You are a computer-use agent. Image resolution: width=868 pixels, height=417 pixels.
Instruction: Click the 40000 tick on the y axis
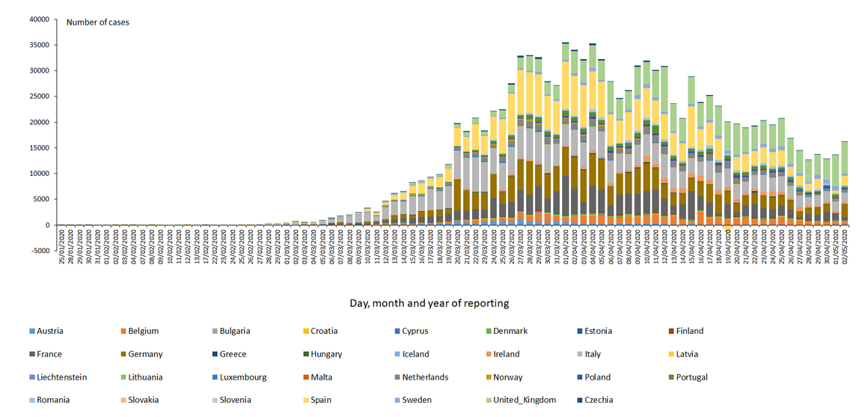(39, 19)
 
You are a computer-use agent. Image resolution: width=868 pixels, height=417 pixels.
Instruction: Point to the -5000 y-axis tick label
(39, 251)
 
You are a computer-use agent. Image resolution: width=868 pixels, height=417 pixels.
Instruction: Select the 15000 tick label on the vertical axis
(39, 148)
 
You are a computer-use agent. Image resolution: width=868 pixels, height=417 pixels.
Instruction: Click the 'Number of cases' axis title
(97, 22)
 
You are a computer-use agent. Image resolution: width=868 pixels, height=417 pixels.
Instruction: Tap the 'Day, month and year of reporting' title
(429, 303)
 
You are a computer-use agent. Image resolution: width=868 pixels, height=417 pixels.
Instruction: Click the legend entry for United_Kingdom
(525, 400)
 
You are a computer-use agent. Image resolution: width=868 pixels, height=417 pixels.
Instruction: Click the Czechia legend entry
(598, 400)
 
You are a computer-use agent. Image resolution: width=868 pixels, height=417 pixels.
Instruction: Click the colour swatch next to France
(31, 354)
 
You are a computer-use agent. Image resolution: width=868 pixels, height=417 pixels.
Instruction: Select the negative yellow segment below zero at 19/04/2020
(728, 228)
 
